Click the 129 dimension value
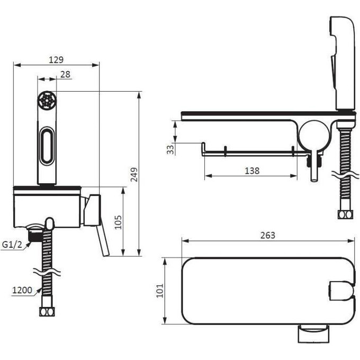(x=56, y=60)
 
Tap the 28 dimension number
(x=66, y=75)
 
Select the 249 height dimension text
(x=134, y=175)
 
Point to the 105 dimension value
(x=118, y=222)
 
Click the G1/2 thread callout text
(x=12, y=245)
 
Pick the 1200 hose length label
(x=22, y=290)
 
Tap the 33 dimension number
(x=170, y=150)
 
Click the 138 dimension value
(x=252, y=171)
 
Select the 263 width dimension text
(x=268, y=236)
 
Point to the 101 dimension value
(x=160, y=291)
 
